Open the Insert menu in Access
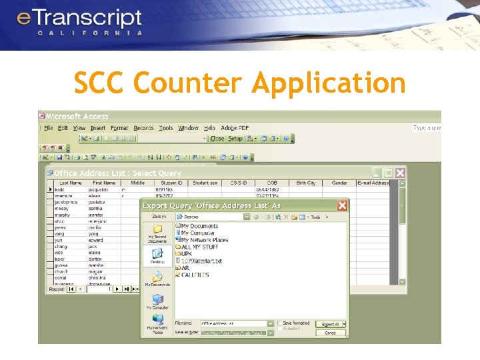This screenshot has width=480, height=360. (98, 128)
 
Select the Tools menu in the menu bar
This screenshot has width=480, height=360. (166, 128)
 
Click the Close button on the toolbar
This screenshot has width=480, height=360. (217, 139)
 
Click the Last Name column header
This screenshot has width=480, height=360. (71, 183)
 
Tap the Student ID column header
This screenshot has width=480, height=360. (171, 183)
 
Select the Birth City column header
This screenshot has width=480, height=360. (306, 183)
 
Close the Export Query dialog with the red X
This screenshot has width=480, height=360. (342, 206)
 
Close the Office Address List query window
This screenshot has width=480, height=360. (400, 173)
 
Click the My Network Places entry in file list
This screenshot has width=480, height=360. (204, 240)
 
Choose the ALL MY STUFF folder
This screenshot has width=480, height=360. (199, 247)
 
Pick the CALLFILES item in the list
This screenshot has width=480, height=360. (195, 275)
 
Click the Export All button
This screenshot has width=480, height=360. (331, 324)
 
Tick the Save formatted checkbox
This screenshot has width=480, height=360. (280, 323)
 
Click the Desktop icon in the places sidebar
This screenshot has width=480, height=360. (157, 256)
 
